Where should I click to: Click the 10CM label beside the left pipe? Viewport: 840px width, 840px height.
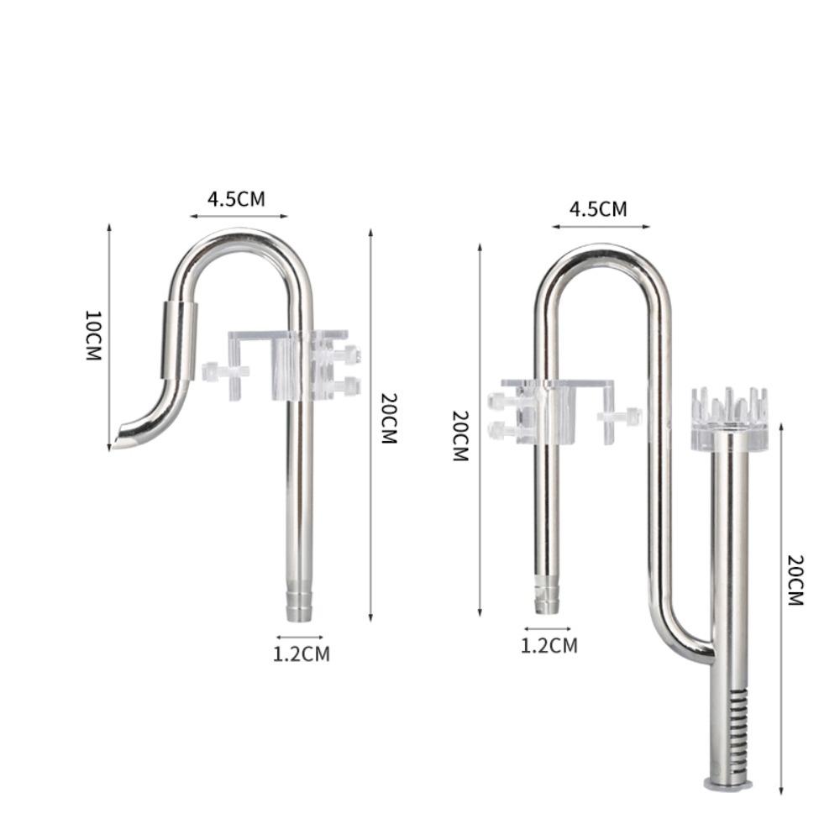94,335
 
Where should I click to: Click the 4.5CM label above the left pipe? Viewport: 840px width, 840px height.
236,199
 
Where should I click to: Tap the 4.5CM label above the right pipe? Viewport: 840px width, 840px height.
598,209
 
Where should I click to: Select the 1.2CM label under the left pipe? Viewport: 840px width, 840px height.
302,654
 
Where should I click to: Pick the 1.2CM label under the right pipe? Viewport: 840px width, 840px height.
549,645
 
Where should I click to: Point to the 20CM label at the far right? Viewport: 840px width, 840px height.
796,580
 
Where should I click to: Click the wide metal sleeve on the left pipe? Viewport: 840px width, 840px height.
178,341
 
